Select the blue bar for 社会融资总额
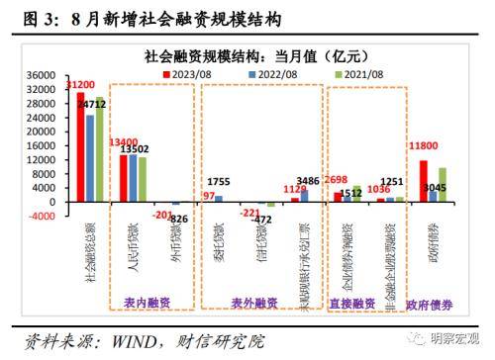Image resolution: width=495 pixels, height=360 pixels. (x=91, y=158)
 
